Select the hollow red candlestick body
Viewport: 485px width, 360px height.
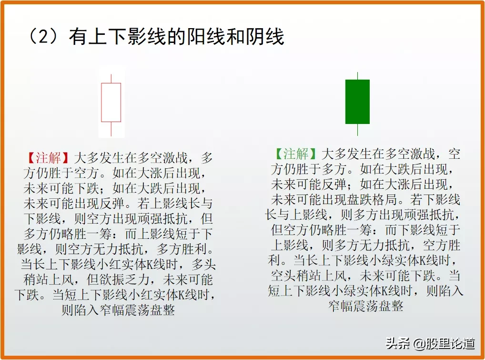click(111, 102)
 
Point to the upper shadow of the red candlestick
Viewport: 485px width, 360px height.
click(111, 78)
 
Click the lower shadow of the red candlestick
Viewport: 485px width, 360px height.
click(111, 129)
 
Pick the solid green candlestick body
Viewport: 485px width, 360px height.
click(357, 102)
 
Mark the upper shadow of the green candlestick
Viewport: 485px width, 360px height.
click(357, 76)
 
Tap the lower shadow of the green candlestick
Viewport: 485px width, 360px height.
click(357, 130)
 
